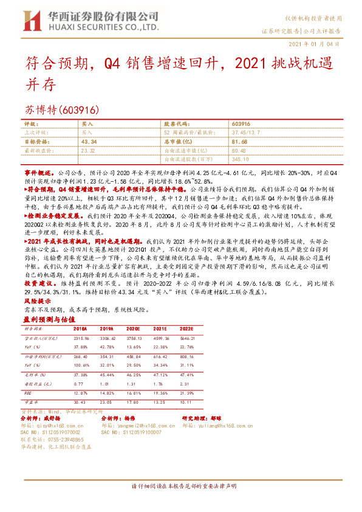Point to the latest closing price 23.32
pyautogui.click(x=87, y=150)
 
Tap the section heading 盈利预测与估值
pyautogui.click(x=48, y=319)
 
